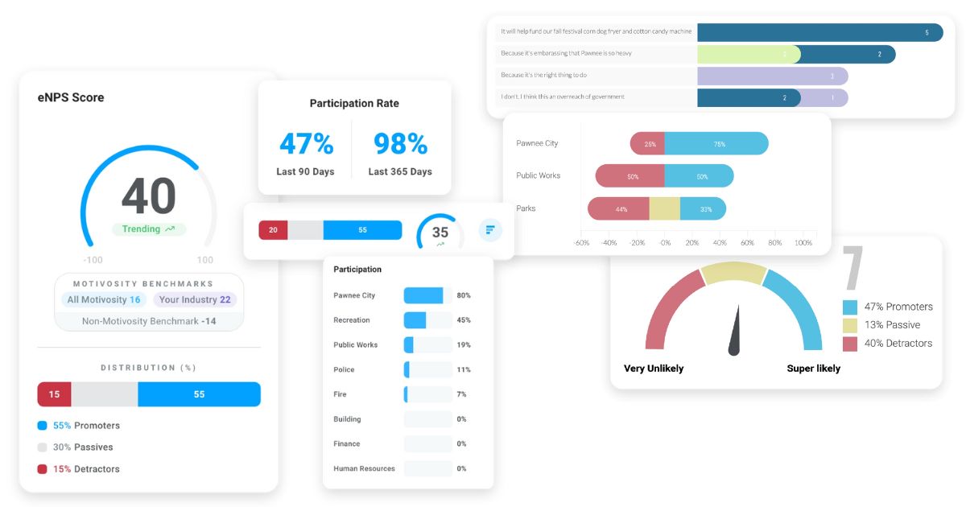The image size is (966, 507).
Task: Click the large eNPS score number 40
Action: [149, 196]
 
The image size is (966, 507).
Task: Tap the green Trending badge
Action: [149, 229]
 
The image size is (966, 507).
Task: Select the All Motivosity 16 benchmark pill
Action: [104, 299]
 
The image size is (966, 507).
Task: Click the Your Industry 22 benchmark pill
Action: [195, 299]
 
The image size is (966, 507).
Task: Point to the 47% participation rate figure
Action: [306, 143]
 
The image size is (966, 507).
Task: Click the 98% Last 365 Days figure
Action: [400, 143]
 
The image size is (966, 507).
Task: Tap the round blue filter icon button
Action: [490, 230]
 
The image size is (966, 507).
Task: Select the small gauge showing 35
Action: [440, 233]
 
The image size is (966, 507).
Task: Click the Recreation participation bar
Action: [415, 320]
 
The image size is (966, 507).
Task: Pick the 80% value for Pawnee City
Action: [464, 295]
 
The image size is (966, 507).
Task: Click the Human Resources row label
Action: [364, 468]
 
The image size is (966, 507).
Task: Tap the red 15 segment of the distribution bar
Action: [54, 394]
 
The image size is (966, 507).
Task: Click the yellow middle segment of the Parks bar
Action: [665, 209]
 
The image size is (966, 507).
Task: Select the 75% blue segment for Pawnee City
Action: [716, 144]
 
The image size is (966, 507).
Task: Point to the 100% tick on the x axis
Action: [803, 242]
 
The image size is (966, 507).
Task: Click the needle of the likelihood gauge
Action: [735, 332]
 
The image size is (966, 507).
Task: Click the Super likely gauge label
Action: [813, 369]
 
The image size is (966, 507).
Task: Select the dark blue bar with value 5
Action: [819, 32]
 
